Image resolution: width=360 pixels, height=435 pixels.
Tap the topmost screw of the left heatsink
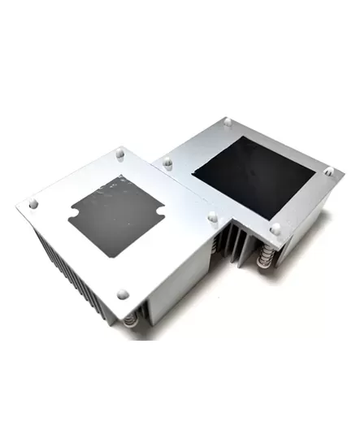(120, 151)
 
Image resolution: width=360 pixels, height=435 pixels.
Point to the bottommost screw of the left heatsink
(123, 293)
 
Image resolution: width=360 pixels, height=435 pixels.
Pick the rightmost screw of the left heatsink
(212, 217)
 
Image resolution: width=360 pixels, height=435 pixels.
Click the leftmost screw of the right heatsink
(167, 163)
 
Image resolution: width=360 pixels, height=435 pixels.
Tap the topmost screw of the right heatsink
(228, 122)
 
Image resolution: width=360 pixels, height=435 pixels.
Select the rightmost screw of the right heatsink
(329, 172)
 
